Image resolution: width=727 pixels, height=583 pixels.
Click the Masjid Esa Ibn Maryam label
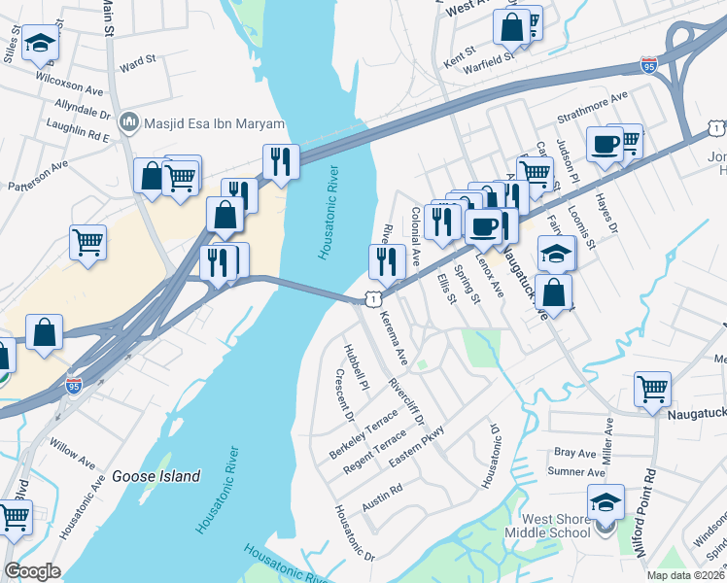(x=214, y=124)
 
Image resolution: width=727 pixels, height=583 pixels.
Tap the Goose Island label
(x=156, y=476)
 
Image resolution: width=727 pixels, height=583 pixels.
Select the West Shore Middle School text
(x=556, y=527)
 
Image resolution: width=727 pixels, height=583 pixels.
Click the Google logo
(x=32, y=571)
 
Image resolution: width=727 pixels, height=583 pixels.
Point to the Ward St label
(x=137, y=62)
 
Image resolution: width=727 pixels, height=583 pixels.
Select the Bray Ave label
(x=573, y=453)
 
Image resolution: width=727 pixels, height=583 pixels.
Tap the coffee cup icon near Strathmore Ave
(x=605, y=144)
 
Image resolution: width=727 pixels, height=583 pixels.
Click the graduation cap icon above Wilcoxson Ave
(x=41, y=43)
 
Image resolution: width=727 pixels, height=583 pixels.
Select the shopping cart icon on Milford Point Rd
(x=652, y=389)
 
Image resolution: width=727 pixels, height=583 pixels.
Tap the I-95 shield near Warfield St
(x=649, y=66)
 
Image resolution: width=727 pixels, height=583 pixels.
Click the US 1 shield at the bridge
(x=372, y=300)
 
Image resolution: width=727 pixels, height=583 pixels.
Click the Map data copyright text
(x=684, y=575)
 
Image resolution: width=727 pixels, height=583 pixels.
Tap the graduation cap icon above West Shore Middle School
(x=606, y=501)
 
